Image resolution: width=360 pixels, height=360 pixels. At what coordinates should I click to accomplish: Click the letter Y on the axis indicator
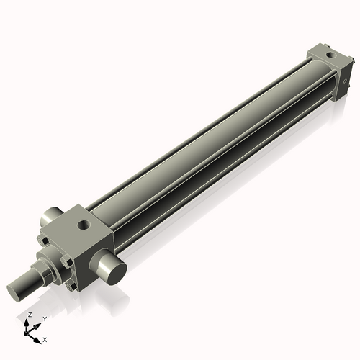45,318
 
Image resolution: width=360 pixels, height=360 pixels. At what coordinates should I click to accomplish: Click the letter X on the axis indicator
45,338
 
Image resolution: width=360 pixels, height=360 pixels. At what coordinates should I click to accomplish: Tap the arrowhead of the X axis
37,336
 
